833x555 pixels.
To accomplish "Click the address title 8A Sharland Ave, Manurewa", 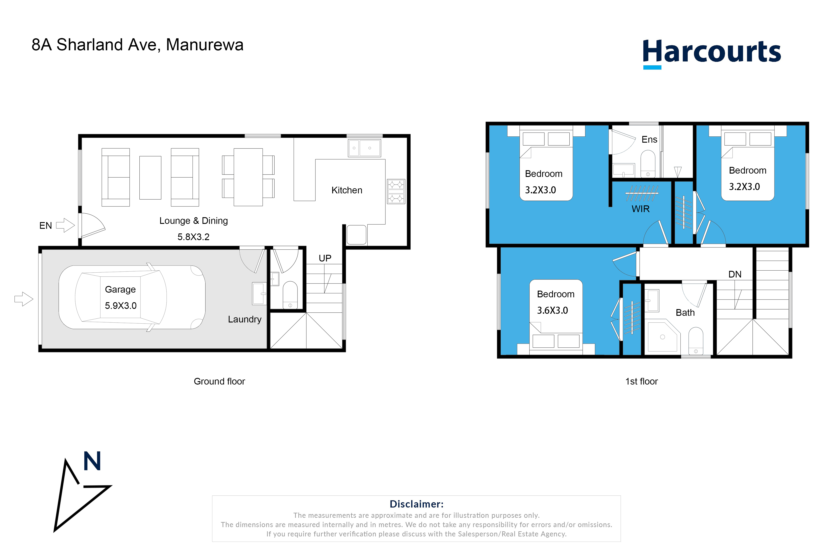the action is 137,45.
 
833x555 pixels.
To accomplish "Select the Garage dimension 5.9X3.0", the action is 121,306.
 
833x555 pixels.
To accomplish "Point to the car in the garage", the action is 132,297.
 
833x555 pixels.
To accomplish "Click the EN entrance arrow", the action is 65,225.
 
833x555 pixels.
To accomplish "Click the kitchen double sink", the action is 365,148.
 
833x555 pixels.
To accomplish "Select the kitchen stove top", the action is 396,191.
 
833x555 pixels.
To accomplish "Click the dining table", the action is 248,177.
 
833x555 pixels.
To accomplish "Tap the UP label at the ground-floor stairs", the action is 325,258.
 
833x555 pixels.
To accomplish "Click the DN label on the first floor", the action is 735,274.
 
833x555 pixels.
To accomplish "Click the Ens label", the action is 650,140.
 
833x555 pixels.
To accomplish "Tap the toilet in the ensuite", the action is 648,164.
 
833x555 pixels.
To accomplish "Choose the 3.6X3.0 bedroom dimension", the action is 552,310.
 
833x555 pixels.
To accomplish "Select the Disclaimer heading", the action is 416,504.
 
